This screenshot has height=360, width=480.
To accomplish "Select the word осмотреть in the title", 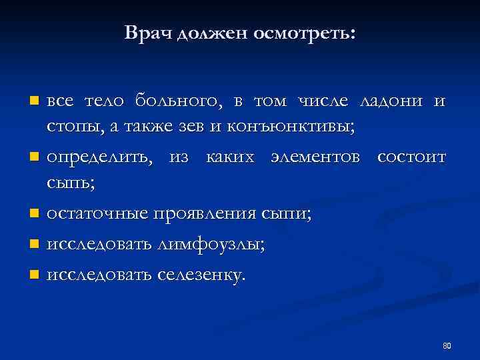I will point(303,33).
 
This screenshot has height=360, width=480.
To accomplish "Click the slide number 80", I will point(447,345).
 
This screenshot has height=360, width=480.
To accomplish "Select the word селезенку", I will point(201,273).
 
